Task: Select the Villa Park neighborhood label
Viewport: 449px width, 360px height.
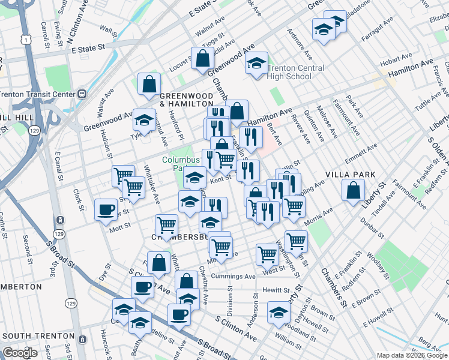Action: point(350,175)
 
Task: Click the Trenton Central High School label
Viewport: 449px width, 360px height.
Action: point(290,72)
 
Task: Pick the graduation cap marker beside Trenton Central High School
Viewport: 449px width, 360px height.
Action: point(256,63)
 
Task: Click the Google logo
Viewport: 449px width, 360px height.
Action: point(20,352)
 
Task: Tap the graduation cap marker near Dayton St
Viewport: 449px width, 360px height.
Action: point(279,312)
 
